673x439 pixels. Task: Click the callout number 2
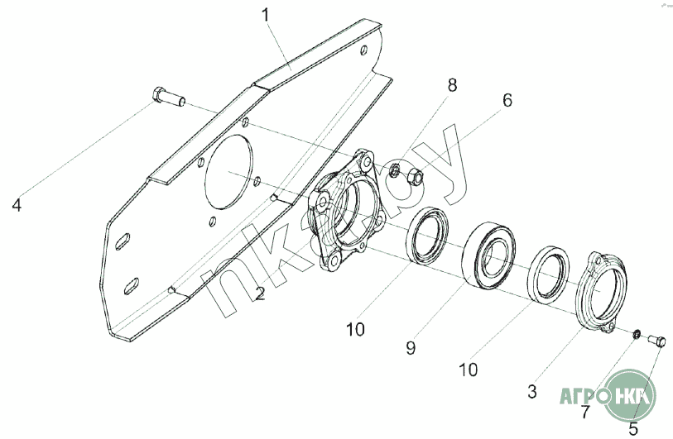coord(260,293)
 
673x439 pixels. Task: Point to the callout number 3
coord(532,389)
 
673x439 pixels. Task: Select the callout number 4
coord(16,203)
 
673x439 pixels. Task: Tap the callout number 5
coord(633,428)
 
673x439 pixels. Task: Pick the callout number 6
coord(507,100)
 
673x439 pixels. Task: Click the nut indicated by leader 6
coord(416,176)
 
